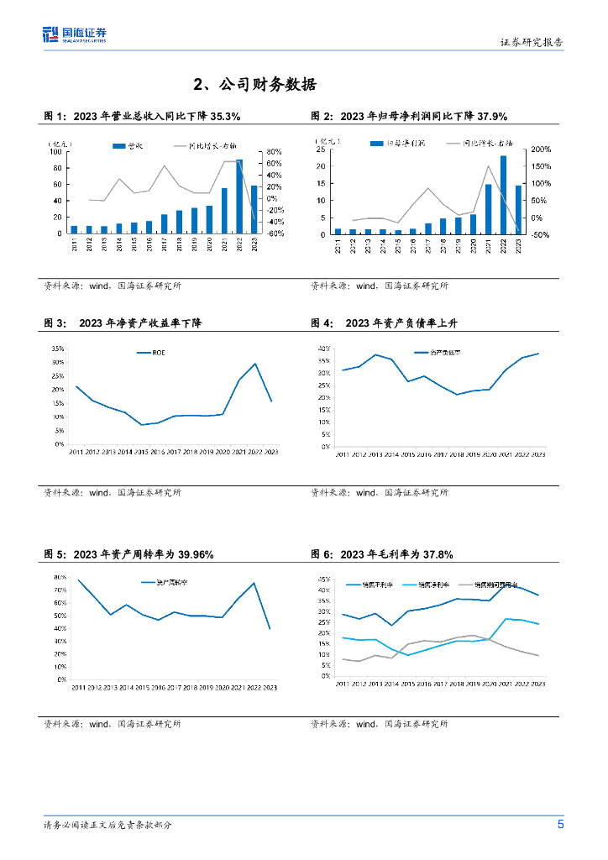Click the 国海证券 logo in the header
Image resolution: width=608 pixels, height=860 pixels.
pos(76,34)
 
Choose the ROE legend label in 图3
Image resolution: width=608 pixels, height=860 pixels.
pos(159,353)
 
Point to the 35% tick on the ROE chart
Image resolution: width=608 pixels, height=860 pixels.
pos(58,348)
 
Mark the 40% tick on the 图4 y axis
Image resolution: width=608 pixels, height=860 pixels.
pos(324,348)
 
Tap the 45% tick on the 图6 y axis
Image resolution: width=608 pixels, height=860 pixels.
pos(325,579)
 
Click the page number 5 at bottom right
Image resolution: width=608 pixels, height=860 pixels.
pos(560,824)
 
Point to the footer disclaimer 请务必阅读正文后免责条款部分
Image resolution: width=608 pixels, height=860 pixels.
pos(107,826)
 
